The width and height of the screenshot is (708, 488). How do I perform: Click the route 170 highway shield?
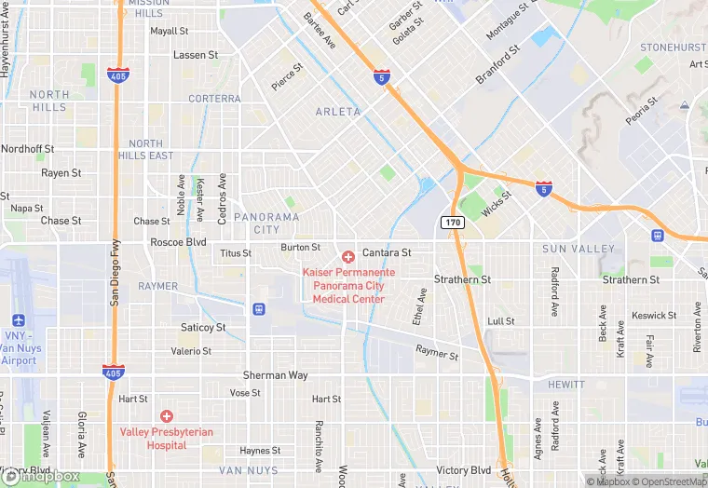point(452,223)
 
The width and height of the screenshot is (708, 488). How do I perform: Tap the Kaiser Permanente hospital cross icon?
point(348,256)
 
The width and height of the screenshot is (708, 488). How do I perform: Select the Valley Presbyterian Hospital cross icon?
point(167,416)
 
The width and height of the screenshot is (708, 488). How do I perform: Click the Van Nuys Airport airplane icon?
point(19,320)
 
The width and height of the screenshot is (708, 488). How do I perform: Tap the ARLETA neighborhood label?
point(337,112)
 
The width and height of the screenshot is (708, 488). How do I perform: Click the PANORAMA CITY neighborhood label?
point(266,223)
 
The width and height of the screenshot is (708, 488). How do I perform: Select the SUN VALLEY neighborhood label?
point(579,249)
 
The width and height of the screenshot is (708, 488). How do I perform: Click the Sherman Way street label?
point(275,375)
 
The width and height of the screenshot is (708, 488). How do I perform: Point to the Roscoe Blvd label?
point(178,241)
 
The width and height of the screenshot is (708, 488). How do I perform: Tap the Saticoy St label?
point(203,328)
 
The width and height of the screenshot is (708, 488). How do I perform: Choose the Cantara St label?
point(387,252)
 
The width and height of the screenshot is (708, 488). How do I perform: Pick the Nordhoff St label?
point(27,149)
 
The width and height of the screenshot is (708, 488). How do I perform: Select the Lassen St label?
point(196,56)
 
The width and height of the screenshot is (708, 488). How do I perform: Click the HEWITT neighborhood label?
point(566,385)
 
